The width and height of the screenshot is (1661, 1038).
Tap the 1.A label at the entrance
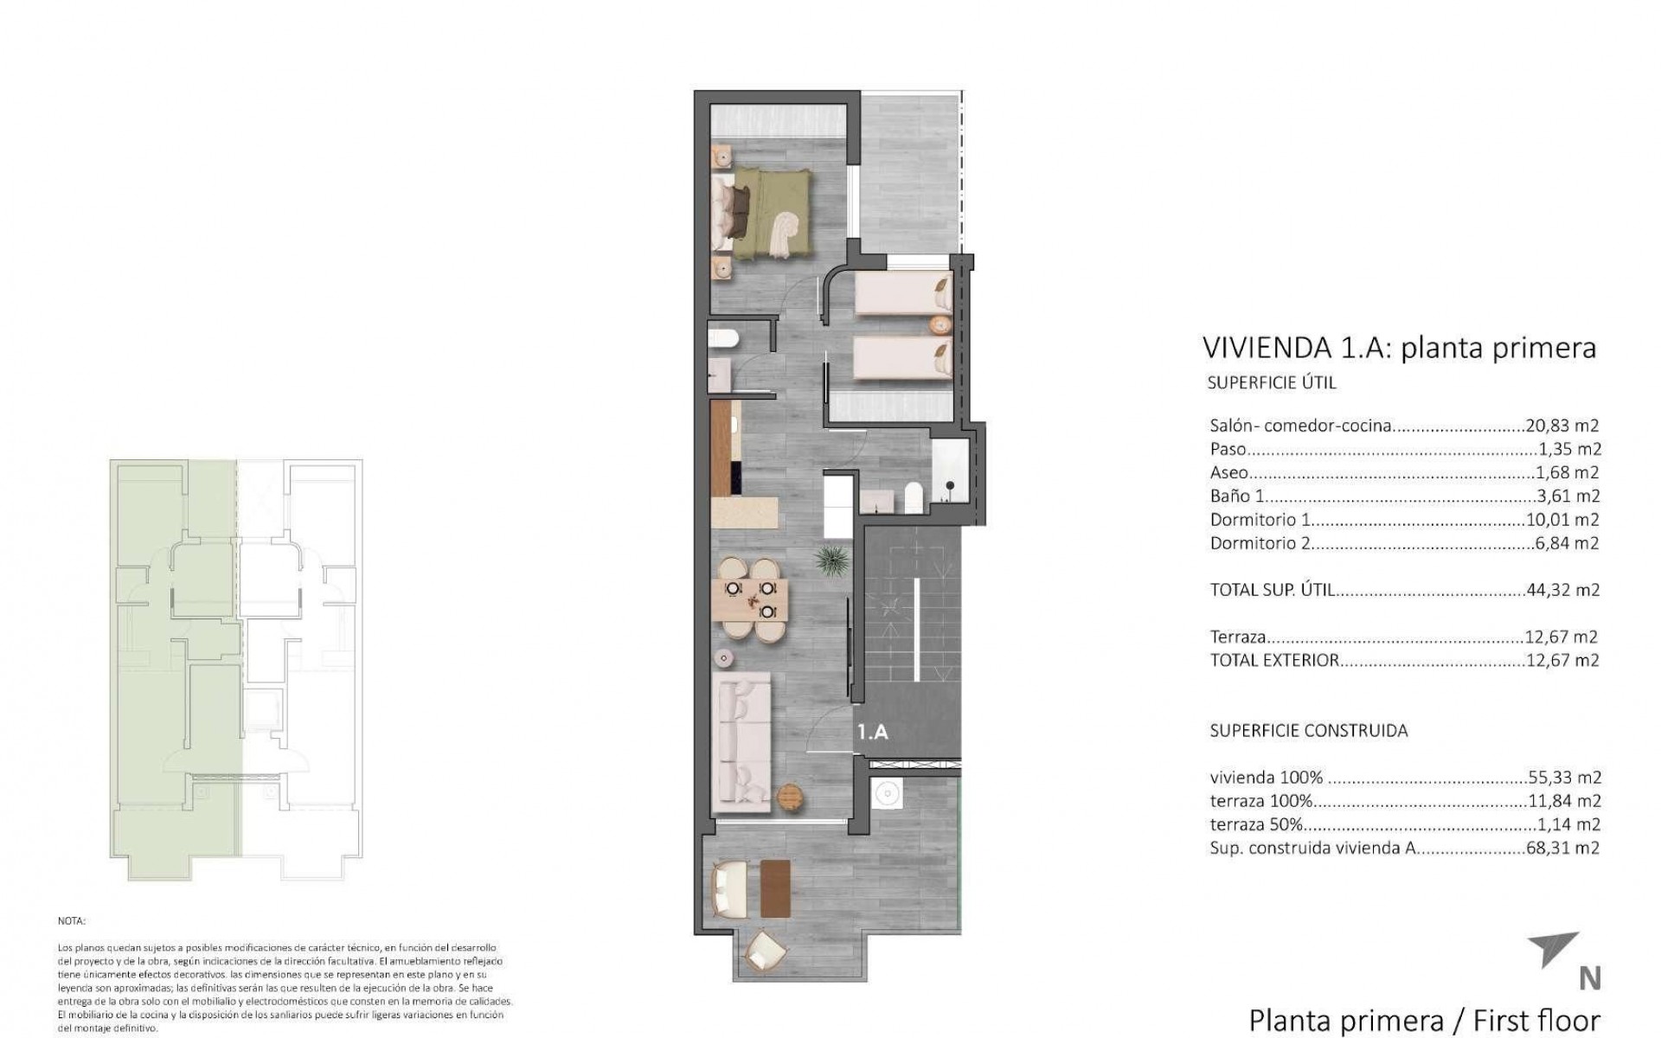[872, 732]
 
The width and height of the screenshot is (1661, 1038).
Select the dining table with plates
[750, 599]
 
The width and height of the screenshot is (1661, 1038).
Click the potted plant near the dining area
[832, 559]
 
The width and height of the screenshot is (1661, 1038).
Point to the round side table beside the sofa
[790, 796]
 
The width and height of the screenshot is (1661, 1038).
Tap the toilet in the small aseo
[721, 340]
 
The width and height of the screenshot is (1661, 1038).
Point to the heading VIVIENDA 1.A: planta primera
[1398, 348]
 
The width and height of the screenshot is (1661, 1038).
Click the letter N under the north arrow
[1589, 978]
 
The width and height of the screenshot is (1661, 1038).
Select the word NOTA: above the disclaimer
[72, 922]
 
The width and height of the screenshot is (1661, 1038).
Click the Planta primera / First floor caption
[1425, 1020]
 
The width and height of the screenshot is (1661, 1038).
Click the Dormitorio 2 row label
[1260, 543]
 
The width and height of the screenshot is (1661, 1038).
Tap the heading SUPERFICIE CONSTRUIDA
[1308, 730]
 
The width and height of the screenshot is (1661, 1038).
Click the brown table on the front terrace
[775, 888]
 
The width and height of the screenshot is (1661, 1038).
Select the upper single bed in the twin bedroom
[903, 293]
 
